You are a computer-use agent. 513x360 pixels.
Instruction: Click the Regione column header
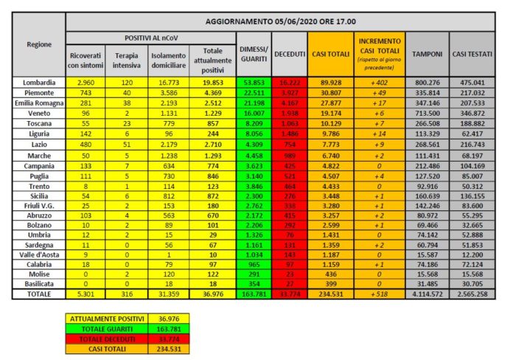[x=39, y=45]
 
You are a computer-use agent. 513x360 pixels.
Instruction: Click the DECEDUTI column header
[x=289, y=54]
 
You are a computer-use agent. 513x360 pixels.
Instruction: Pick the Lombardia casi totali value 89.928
[x=327, y=83]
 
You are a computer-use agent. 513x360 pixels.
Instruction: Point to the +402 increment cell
[x=379, y=83]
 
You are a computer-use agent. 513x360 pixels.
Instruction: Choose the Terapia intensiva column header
[x=128, y=59]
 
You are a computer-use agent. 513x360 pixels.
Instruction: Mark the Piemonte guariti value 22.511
[x=252, y=93]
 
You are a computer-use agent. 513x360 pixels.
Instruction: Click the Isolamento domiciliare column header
[x=169, y=59]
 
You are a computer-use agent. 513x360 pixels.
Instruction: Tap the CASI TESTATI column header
[x=472, y=54]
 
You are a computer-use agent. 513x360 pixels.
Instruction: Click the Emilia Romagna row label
[x=39, y=103]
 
